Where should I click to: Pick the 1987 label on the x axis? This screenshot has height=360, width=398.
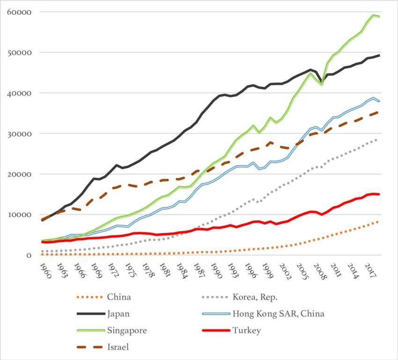pos(198,271)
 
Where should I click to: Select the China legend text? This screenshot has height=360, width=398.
pos(119,297)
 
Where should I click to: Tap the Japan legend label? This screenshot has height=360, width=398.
pos(119,314)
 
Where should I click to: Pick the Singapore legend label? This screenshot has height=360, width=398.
pos(127,331)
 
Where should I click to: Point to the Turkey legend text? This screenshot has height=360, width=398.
pos(246,331)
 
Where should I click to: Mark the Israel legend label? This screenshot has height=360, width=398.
pos(117,347)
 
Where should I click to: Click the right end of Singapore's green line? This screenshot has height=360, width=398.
pos(379,16)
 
